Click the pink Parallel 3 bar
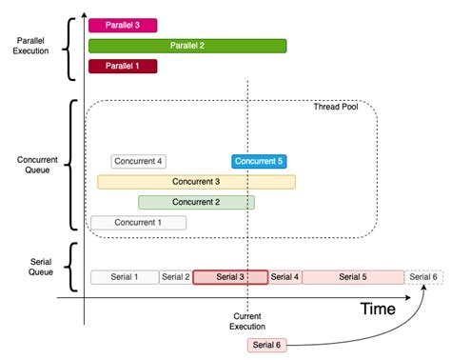coord(123,26)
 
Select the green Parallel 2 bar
coord(187,46)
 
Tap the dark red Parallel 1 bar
coord(123,66)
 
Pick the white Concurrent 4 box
coord(139,161)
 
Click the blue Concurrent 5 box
coord(259,161)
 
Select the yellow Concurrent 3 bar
coord(196,181)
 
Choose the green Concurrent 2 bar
coord(196,202)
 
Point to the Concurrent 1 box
coord(138,222)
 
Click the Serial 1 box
coord(124,277)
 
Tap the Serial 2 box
coord(175,277)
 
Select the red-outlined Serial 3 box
coord(230,277)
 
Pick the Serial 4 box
coord(284,277)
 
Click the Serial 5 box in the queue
coord(352,277)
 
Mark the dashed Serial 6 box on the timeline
coord(423,277)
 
